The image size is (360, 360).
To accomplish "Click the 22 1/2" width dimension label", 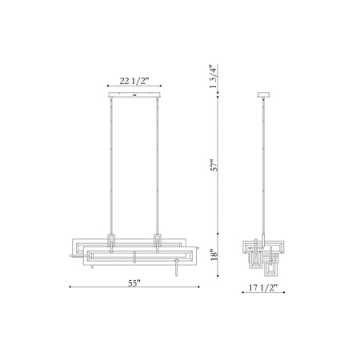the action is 134,81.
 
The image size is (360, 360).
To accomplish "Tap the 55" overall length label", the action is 134,283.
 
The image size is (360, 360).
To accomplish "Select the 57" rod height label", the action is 214,166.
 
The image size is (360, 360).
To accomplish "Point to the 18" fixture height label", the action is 214,255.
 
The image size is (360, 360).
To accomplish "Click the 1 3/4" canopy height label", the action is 214,77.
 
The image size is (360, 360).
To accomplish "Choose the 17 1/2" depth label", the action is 263,288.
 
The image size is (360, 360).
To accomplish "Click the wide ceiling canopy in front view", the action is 134,95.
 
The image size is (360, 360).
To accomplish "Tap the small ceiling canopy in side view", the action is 263,95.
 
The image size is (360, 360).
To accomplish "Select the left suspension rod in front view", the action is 111,166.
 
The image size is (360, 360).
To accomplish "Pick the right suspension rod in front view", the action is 158,166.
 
